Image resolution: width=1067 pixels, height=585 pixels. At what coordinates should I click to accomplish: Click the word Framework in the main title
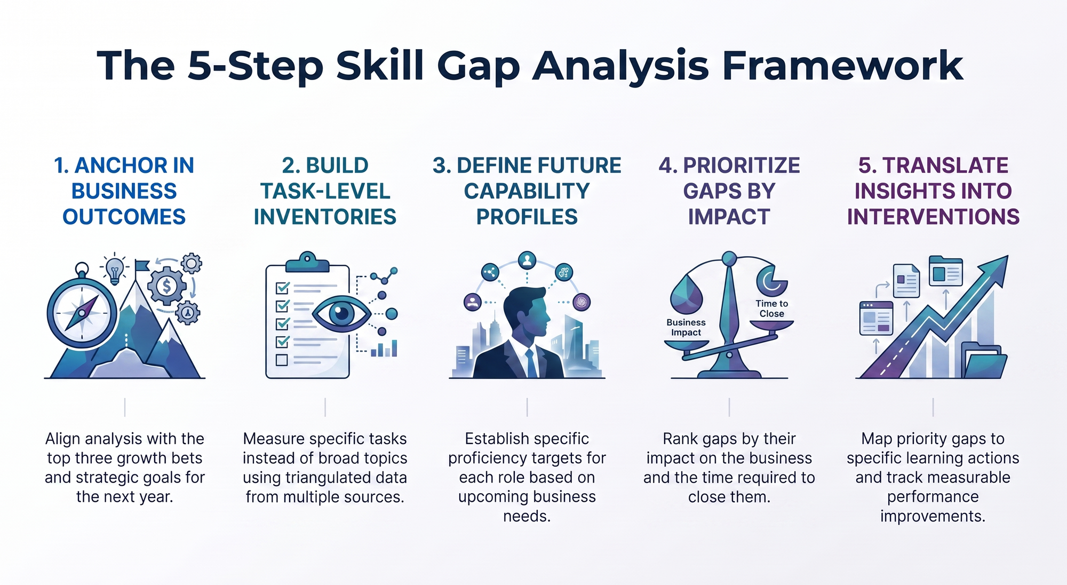842,66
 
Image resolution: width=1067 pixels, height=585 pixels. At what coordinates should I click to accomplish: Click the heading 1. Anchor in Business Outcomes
124,191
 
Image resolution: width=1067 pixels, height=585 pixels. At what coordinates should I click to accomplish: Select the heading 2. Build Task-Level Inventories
325,191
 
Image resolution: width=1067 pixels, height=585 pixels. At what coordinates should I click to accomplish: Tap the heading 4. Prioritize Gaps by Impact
729,191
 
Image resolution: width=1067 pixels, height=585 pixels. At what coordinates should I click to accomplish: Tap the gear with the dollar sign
167,287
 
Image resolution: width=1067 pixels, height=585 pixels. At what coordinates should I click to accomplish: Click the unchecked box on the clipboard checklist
282,360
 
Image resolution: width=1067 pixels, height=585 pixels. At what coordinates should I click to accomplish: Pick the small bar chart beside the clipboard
384,349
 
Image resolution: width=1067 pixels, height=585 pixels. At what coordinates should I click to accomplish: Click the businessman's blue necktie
531,363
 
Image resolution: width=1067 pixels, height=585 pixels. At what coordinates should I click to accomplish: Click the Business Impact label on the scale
686,327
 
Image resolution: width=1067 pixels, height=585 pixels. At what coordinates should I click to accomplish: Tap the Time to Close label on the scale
772,309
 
